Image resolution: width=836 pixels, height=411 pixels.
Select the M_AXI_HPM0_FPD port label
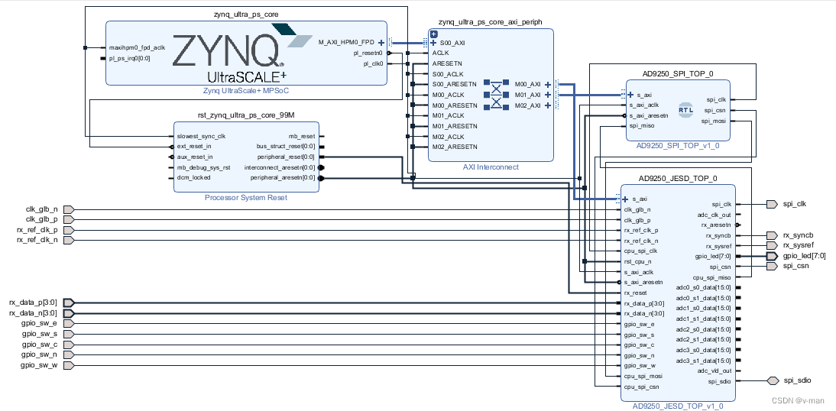[x=346, y=43]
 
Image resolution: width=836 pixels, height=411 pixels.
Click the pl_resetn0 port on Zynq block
[x=368, y=53]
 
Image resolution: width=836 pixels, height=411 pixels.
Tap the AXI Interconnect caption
[x=490, y=167]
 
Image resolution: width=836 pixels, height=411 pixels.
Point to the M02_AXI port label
[x=527, y=105]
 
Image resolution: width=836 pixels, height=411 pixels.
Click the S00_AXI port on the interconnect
[x=452, y=43]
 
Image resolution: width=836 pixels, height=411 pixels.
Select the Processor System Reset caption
[x=245, y=197]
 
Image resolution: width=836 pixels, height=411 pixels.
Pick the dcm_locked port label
[x=193, y=177]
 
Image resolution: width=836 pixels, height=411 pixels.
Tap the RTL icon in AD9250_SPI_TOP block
[x=685, y=109]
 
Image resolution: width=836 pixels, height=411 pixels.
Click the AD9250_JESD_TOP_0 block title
[x=677, y=179]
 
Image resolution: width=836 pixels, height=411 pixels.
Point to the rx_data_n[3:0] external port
[x=70, y=313]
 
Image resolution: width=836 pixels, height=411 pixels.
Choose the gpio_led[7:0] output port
[x=772, y=257]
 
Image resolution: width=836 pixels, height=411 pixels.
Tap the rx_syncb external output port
[x=770, y=235]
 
